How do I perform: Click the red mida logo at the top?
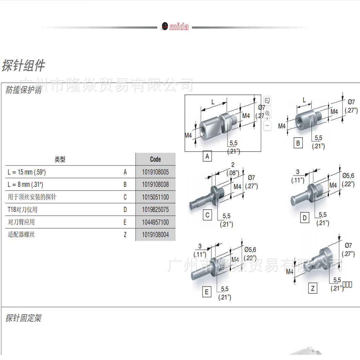175,27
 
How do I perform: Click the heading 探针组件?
23,65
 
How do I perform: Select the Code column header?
155,159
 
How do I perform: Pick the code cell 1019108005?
155,172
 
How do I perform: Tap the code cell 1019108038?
155,184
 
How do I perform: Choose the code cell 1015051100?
155,197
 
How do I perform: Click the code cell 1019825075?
155,210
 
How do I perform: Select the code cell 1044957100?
155,222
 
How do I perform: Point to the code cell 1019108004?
155,235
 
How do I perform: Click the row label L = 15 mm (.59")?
27,172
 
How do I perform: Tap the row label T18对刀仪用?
22,210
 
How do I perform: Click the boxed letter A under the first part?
207,157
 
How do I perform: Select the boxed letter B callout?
298,143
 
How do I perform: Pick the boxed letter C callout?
208,215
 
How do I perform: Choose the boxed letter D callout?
304,218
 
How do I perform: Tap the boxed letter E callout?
207,292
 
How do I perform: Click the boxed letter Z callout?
313,288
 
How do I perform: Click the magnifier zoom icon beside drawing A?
267,114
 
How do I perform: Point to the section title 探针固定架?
23,318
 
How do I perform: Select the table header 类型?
60,159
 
